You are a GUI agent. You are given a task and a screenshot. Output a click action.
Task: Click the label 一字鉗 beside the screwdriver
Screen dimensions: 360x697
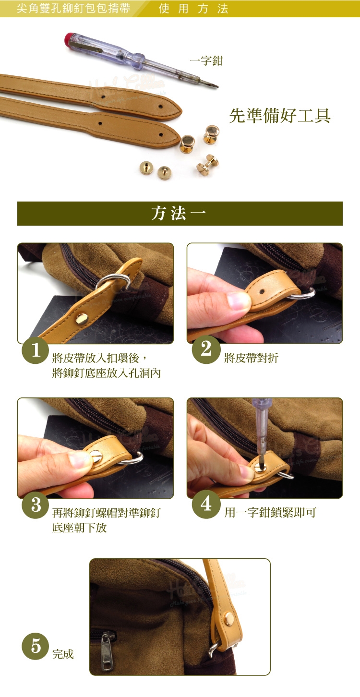point(206,60)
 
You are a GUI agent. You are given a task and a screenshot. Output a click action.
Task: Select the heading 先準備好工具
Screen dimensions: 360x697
point(279,116)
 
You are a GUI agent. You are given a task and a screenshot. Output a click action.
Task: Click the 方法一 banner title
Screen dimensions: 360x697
point(179,214)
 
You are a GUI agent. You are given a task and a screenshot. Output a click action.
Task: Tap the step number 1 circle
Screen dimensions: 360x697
point(36,350)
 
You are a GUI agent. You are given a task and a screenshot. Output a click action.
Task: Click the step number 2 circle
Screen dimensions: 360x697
point(206,349)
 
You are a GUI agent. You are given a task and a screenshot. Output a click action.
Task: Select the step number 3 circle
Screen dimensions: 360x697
point(36,505)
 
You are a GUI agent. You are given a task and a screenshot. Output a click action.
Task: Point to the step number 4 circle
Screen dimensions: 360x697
point(206,504)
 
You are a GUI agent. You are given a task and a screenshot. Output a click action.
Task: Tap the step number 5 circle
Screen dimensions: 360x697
point(36,646)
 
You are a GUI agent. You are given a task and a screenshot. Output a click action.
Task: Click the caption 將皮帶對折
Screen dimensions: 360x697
point(252,358)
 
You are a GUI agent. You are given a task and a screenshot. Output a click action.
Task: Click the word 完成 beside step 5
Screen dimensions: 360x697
point(63,654)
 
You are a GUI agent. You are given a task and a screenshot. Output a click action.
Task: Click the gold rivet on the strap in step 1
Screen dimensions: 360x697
point(82,319)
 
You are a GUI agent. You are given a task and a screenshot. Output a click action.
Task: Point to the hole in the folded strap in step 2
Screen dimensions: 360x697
point(262,292)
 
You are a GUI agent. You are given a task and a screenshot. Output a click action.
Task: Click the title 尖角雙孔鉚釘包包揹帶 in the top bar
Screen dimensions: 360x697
point(73,9)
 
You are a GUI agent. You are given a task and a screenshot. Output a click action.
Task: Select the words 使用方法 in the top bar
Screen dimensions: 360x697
point(193,9)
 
